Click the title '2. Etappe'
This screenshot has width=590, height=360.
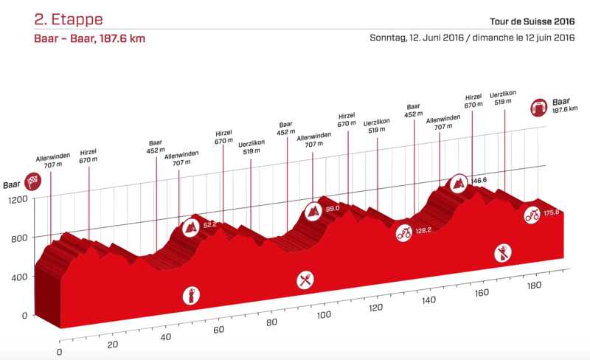(x=68, y=18)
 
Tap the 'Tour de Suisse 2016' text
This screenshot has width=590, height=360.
(x=527, y=21)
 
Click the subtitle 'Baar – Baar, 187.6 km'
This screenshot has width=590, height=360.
(x=89, y=39)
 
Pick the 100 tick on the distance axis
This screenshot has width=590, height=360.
(x=322, y=316)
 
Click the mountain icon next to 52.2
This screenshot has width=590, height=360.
(x=190, y=225)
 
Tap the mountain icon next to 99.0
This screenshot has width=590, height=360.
(x=314, y=211)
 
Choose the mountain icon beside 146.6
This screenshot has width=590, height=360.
(x=459, y=182)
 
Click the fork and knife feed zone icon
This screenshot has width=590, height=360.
(x=305, y=279)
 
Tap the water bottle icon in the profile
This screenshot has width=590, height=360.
(x=192, y=296)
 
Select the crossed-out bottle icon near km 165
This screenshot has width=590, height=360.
(x=504, y=254)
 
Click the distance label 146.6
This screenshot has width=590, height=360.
(x=480, y=180)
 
